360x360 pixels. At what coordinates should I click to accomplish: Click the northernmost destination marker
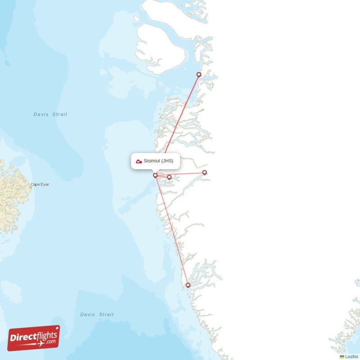[x=199, y=75]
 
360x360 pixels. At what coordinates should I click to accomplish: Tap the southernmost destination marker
[x=188, y=285]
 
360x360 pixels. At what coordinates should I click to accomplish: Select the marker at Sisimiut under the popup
[x=155, y=175]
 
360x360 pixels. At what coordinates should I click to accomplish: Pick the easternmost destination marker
[x=204, y=172]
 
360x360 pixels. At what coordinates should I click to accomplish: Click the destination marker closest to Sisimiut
[x=169, y=177]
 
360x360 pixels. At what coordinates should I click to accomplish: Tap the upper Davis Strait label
[x=50, y=114]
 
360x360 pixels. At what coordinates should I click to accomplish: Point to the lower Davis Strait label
[x=97, y=315]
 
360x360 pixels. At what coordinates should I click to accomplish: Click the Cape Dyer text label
[x=40, y=184]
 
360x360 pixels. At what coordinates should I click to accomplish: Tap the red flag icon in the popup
[x=139, y=161]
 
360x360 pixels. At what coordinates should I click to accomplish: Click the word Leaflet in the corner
[x=352, y=357]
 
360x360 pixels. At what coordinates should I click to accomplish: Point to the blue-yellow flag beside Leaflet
[x=342, y=357]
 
